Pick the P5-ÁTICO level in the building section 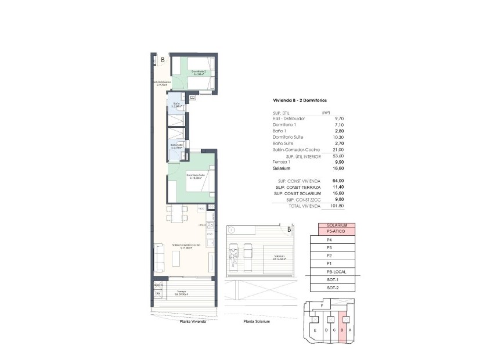(337, 231)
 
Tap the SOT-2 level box (333, 288)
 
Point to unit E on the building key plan (315, 331)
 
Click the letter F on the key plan (322, 305)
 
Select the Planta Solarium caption (257, 322)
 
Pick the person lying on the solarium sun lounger (235, 253)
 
